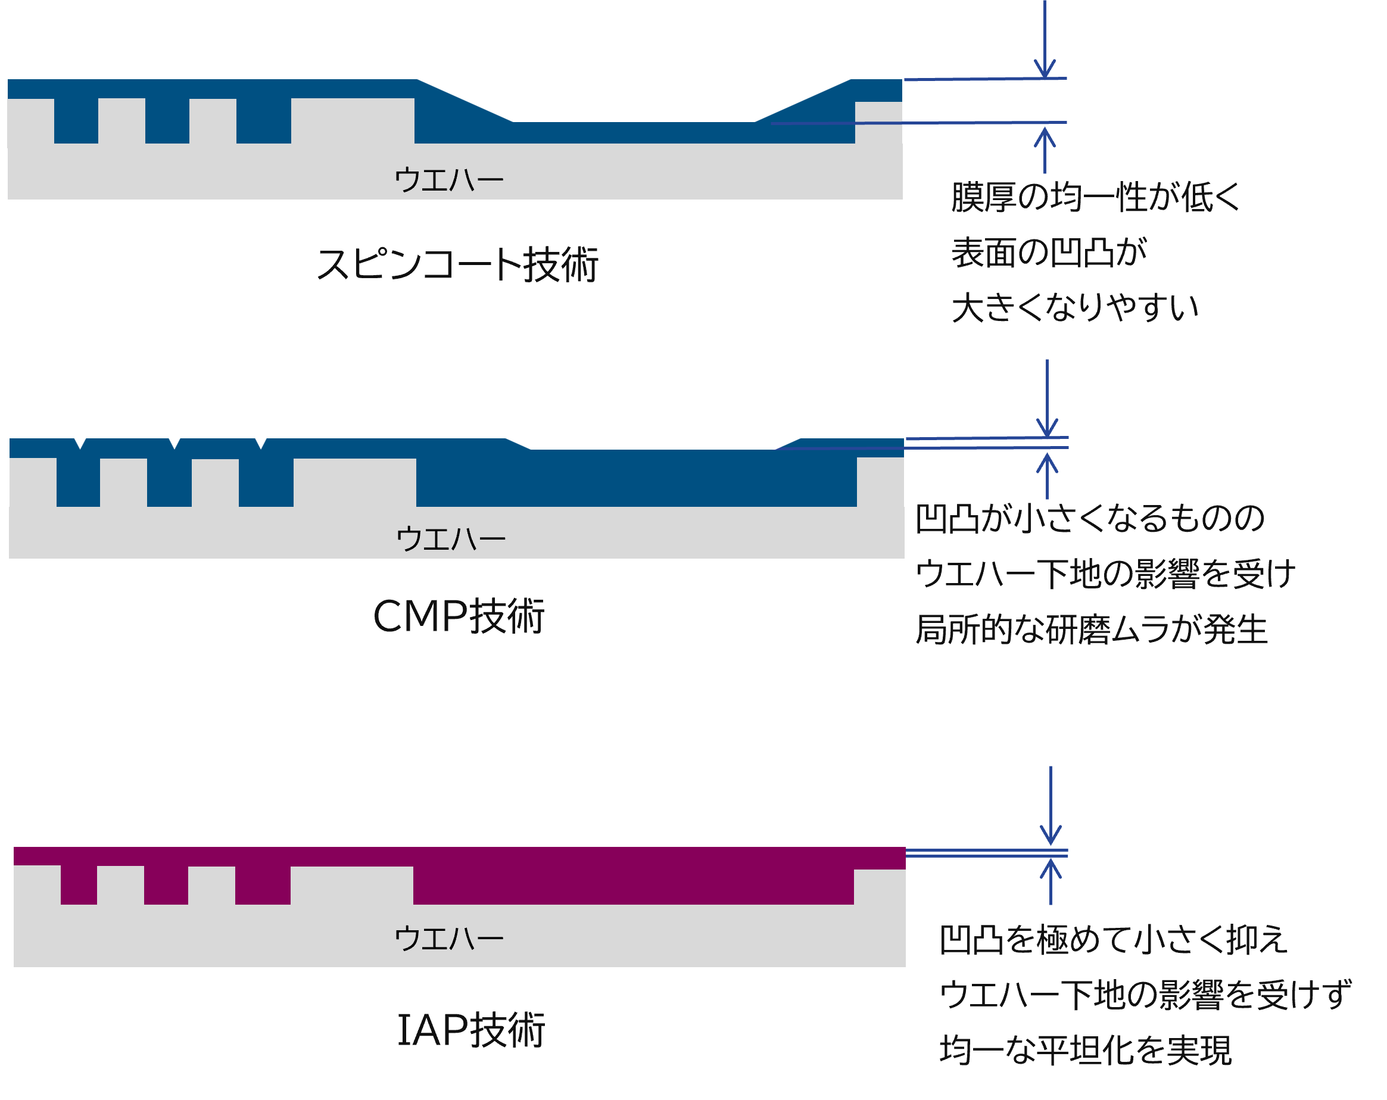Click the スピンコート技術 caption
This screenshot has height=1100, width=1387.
click(457, 264)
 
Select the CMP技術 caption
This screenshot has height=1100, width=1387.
click(459, 616)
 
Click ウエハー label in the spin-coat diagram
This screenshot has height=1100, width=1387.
click(448, 179)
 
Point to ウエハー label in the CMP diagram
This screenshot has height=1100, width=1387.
click(450, 538)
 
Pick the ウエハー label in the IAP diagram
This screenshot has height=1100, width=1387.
click(448, 939)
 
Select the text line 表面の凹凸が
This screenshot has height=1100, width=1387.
click(1049, 252)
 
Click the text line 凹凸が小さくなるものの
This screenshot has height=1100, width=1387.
click(1090, 518)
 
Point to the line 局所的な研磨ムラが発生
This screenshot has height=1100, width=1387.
click(1091, 629)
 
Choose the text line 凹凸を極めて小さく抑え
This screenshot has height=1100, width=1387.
click(1113, 939)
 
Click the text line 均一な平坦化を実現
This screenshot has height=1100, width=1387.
click(1085, 1050)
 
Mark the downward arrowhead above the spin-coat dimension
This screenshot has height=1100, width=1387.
click(1045, 68)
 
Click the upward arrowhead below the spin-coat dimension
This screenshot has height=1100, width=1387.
click(1045, 138)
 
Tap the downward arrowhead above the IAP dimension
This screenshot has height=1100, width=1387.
click(1051, 835)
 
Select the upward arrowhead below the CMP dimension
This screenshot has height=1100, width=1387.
click(1048, 464)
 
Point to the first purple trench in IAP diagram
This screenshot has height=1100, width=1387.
click(79, 884)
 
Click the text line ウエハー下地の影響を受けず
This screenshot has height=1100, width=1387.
click(1146, 995)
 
